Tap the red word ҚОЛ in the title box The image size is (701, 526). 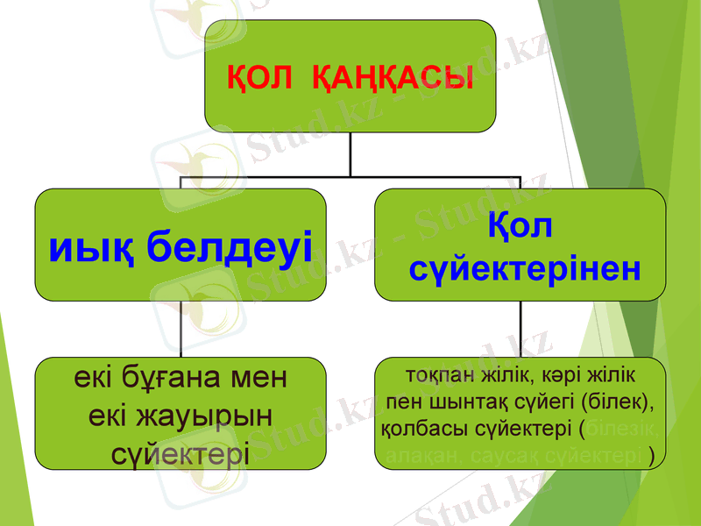(x=260, y=76)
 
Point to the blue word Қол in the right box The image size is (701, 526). (x=520, y=226)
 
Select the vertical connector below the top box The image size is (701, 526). (x=350, y=153)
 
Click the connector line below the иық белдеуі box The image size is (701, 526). (x=181, y=329)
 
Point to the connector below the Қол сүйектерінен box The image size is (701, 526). (x=520, y=329)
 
